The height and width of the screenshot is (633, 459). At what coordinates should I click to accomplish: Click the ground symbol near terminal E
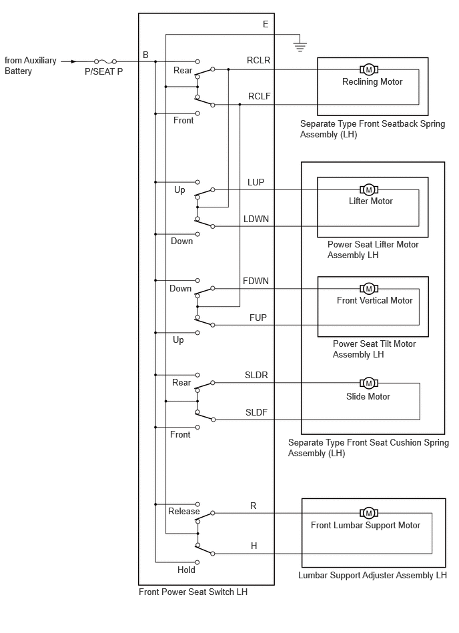[299, 47]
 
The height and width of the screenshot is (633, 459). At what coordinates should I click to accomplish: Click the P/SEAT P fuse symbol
[105, 61]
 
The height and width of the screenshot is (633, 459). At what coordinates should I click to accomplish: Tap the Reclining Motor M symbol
[368, 69]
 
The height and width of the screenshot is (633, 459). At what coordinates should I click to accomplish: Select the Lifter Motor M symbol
[368, 189]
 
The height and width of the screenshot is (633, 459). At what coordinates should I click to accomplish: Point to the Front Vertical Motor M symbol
[368, 288]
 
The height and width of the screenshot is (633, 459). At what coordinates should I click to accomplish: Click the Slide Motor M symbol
[368, 383]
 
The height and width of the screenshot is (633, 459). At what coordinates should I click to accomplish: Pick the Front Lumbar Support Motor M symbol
[368, 513]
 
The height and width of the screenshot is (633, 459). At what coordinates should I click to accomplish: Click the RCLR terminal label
[258, 60]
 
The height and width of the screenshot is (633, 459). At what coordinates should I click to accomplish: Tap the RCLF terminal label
[259, 97]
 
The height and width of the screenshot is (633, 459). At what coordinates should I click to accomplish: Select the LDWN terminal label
[256, 219]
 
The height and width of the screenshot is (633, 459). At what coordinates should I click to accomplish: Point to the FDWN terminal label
[256, 281]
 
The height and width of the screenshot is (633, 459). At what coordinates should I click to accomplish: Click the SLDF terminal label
[256, 412]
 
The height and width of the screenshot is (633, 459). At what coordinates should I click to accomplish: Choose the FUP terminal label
[258, 318]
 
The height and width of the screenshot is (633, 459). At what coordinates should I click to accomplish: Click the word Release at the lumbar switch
[183, 511]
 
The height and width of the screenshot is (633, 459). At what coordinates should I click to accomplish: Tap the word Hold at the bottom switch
[186, 570]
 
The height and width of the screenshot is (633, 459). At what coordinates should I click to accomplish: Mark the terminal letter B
[145, 55]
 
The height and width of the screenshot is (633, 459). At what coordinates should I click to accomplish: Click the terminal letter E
[266, 24]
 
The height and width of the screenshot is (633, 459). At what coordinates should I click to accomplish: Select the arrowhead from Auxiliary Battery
[73, 61]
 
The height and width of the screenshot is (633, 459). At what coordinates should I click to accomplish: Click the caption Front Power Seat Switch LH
[193, 592]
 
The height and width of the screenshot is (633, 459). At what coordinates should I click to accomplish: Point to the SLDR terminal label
[256, 375]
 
